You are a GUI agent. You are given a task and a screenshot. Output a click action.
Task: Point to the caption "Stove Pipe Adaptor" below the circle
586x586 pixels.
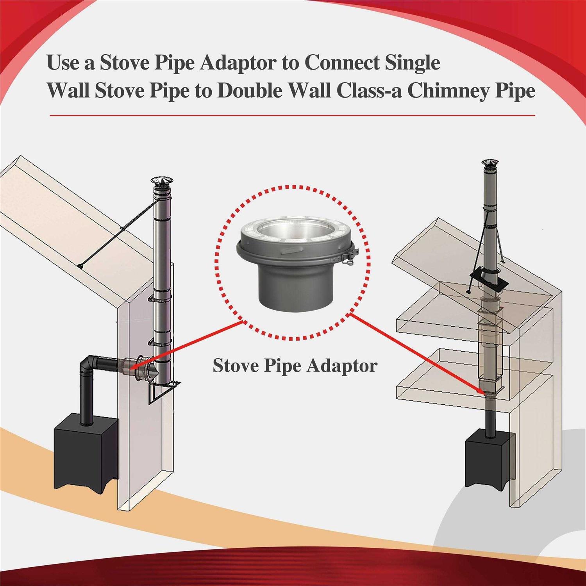point(295,366)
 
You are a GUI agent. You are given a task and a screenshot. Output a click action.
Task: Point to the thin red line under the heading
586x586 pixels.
point(293,116)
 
